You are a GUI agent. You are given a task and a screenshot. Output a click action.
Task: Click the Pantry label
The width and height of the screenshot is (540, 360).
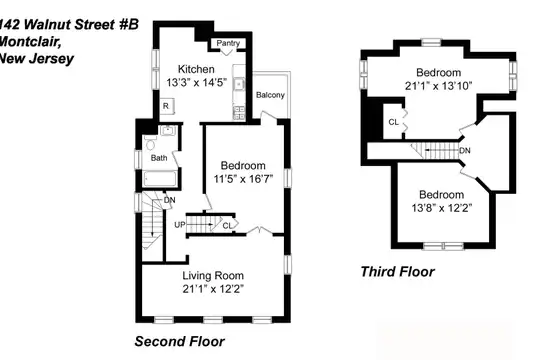point(228,43)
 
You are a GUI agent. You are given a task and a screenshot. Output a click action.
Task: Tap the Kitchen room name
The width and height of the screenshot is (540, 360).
point(196,69)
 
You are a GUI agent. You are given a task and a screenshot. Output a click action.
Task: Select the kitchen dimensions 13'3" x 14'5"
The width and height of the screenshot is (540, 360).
point(196,83)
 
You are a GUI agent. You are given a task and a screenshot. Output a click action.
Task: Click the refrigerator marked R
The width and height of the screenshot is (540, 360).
point(167,106)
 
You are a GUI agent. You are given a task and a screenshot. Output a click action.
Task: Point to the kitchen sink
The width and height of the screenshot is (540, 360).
point(238,84)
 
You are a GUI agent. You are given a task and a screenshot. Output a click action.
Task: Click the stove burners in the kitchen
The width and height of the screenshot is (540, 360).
point(239,112)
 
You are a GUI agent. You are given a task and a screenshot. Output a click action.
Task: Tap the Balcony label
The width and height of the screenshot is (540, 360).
point(270,95)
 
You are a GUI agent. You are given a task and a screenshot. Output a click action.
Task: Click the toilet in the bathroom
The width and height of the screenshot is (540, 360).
point(150,143)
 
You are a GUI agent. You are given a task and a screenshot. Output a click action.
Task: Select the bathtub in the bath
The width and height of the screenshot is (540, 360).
point(160,179)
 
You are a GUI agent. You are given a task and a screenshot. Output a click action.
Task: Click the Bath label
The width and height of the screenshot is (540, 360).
point(159,158)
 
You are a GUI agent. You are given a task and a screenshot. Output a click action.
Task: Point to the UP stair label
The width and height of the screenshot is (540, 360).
point(180,225)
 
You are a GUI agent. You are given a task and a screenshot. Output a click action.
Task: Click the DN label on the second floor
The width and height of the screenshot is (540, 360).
point(169,200)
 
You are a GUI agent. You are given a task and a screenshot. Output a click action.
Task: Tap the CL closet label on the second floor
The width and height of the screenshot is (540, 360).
point(227,226)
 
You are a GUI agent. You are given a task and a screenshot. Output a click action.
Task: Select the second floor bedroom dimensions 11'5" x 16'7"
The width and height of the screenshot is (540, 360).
point(243,179)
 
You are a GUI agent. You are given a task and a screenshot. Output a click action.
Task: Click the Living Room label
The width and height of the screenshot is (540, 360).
point(213,276)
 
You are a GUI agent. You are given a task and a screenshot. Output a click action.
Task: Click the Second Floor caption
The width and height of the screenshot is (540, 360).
point(179,341)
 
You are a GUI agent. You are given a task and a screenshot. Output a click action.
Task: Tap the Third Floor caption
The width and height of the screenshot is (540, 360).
point(397,272)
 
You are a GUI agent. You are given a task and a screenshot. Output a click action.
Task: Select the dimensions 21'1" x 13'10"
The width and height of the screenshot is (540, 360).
point(438,86)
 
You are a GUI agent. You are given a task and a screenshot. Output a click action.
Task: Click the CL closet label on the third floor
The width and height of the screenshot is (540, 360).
point(393,122)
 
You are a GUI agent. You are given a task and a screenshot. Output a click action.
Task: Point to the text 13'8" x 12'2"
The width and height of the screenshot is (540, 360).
point(442,208)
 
